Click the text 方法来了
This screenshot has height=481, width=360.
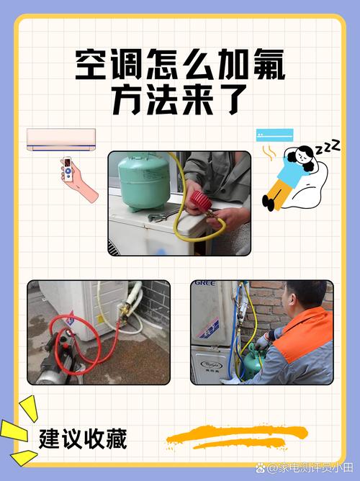point(180,99)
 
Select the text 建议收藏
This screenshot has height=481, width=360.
point(83,439)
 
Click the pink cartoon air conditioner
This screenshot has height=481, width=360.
point(61,140)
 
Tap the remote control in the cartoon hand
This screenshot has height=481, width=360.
point(67,169)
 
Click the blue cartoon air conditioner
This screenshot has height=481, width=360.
point(275,135)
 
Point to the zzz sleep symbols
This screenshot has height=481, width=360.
point(328,147)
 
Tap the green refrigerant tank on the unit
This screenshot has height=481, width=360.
point(144,182)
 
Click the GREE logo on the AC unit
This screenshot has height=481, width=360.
point(204,283)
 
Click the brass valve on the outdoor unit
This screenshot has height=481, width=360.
point(123,310)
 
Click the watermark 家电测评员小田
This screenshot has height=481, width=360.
point(310,468)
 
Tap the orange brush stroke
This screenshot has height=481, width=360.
point(237,437)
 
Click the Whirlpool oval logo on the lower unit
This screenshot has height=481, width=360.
point(212,365)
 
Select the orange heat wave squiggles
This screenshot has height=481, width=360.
point(268,153)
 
